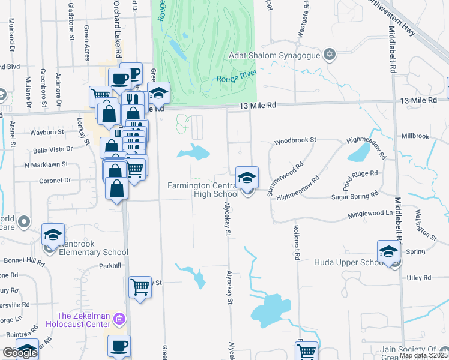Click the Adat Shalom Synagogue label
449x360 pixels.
tap(274, 56)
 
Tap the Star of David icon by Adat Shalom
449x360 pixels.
tap(328, 56)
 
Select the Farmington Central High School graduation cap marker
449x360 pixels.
tap(247, 178)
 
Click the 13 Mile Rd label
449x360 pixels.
tap(257, 105)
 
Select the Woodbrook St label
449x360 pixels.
tap(295, 142)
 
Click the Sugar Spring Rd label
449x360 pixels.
tap(356, 196)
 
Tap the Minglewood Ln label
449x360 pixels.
tap(372, 214)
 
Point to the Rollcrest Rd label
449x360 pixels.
tap(297, 242)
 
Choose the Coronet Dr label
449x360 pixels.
tap(55, 180)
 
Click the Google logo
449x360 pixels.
tap(20, 353)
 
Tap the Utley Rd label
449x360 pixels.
tap(418, 278)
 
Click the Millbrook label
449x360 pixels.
tap(415, 136)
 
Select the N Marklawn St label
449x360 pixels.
tap(46, 164)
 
